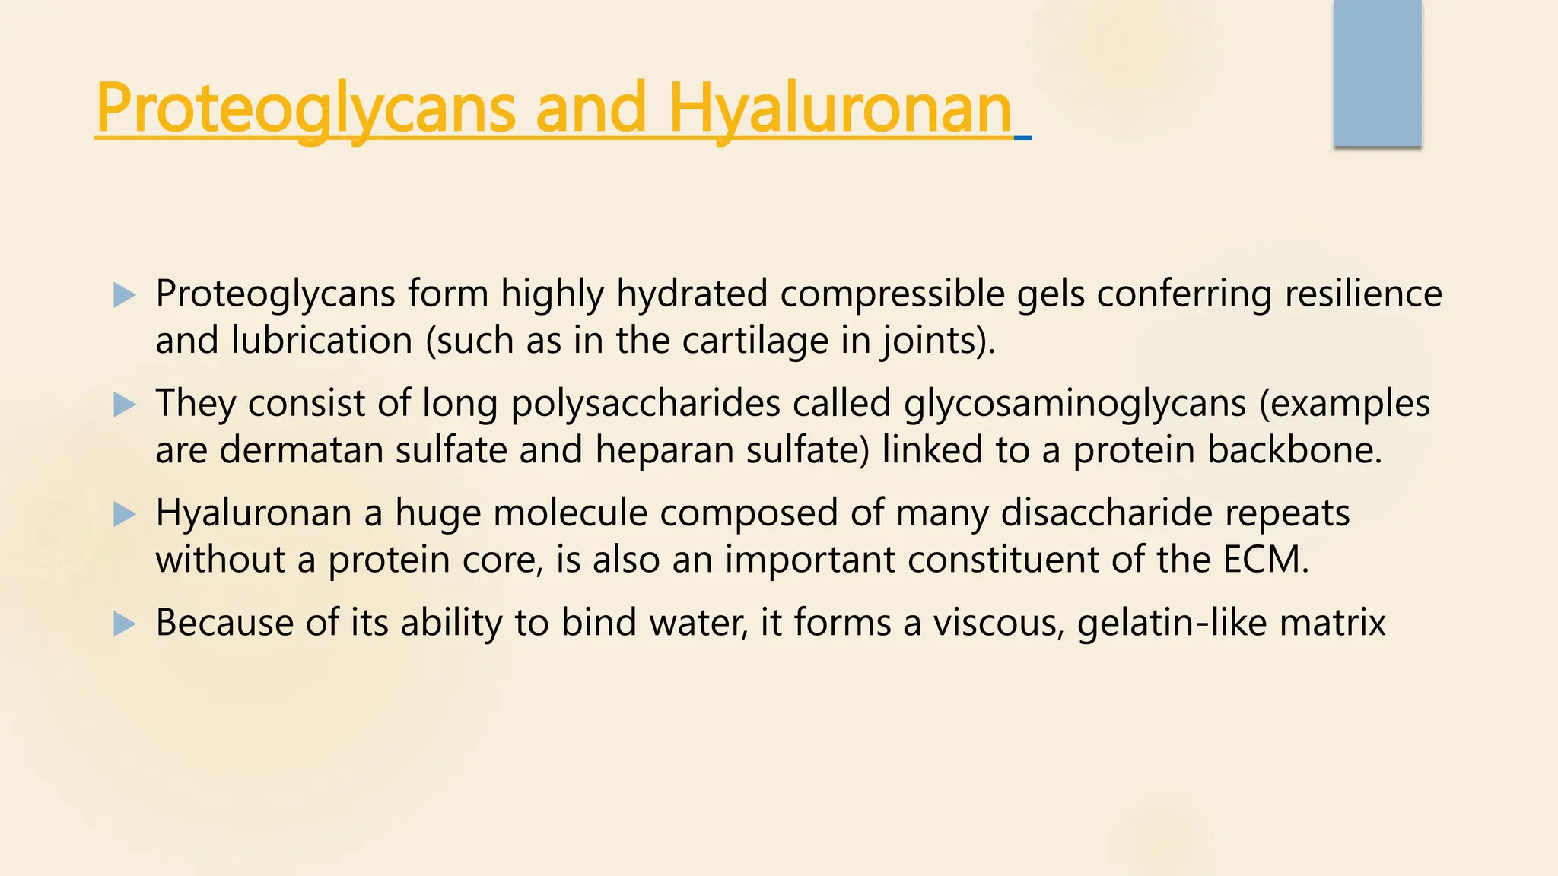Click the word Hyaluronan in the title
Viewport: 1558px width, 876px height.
coord(840,109)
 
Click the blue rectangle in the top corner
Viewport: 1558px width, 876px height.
coord(1377,74)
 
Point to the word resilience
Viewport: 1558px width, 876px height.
coord(1363,294)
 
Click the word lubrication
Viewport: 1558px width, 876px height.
coord(322,341)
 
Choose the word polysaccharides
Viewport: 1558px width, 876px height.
coord(645,404)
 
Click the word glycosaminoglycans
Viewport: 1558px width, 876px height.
coord(1075,404)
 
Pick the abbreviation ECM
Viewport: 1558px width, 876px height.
coord(1266,560)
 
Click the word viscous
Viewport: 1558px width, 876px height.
coord(999,623)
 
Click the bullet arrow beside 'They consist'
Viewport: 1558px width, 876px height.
coord(124,405)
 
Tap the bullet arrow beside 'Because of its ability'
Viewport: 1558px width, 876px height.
coord(124,624)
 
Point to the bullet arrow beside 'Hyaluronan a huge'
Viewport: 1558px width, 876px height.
coord(124,515)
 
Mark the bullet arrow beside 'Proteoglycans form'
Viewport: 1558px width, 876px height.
coord(124,295)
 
